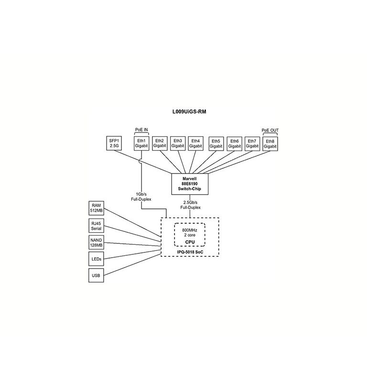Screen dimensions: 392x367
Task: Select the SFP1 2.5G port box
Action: click(114, 143)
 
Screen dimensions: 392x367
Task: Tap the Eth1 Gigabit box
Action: click(141, 143)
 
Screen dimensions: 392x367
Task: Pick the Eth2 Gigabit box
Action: click(160, 143)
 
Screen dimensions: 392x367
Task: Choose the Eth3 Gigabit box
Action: click(178, 143)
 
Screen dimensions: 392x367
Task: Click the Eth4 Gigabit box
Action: click(196, 143)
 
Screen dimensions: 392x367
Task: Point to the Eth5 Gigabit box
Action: click(216, 143)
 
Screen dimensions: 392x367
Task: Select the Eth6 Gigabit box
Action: click(234, 143)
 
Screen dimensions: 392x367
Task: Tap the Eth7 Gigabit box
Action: click(252, 143)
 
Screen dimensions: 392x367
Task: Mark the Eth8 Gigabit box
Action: click(270, 143)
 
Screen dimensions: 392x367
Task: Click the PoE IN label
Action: click(141, 130)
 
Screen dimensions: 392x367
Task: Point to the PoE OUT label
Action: click(270, 130)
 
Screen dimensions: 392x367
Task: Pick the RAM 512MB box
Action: click(97, 208)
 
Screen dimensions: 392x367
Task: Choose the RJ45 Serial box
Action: click(97, 225)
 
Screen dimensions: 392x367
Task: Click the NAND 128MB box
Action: click(97, 242)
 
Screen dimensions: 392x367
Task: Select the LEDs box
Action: click(97, 259)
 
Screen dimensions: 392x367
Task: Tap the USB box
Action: click(97, 276)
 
